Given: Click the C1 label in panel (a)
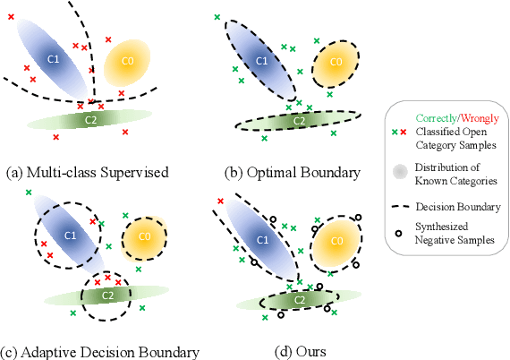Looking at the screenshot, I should point(53,57).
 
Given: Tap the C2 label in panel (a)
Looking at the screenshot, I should point(91,119).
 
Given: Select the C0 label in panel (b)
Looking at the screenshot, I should point(336,62).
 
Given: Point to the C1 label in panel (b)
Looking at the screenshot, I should point(262,60).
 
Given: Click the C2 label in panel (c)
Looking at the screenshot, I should point(106,294).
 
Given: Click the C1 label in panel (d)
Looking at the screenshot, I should point(262,239).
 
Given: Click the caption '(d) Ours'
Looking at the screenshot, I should point(302,350).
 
